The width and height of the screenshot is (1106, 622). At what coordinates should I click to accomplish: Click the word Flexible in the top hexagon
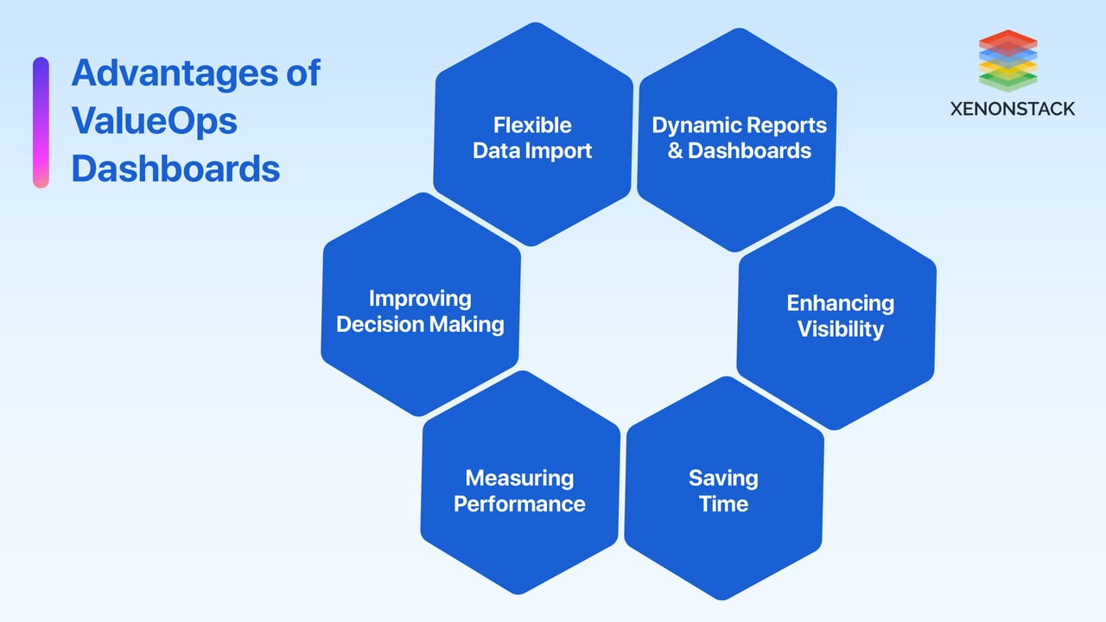[x=532, y=125]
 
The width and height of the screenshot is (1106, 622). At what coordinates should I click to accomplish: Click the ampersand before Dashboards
[x=675, y=151]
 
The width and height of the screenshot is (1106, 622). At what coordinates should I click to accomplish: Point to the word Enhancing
[x=840, y=303]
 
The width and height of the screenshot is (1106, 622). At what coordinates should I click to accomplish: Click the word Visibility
[x=840, y=329]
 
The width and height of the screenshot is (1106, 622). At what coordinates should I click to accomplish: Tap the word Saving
[x=723, y=478]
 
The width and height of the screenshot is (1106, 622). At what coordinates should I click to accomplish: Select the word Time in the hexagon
[x=723, y=504]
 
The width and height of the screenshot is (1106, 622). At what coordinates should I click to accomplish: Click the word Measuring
[x=519, y=478]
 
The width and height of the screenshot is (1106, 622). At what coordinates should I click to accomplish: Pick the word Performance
[x=519, y=504]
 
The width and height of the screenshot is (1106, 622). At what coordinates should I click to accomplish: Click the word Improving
[x=420, y=298]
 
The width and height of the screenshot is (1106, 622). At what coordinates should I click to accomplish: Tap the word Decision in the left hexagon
[x=377, y=324]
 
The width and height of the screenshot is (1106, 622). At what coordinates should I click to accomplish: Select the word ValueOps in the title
[x=154, y=120]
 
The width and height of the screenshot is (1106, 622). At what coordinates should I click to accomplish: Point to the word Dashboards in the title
[x=175, y=168]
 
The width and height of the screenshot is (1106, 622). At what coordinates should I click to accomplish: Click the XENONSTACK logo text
[x=1012, y=109]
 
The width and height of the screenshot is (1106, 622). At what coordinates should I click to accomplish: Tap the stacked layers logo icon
[x=1007, y=60]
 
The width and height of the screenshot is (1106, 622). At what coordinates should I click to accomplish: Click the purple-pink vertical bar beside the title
[x=41, y=122]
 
